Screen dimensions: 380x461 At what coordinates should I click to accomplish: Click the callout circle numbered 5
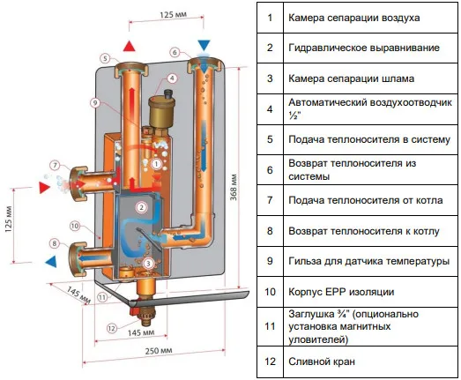pos(104,59)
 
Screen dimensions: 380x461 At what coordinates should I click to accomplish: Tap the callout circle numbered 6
pos(175,54)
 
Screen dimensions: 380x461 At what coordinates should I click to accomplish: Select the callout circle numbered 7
pos(55,165)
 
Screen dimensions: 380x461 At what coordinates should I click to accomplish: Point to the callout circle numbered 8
pos(55,243)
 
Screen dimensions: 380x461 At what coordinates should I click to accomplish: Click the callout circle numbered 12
pos(112,328)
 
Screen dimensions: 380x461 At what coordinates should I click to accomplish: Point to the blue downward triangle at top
pos(204,45)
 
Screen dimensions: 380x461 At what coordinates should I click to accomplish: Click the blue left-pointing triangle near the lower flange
pos(50,261)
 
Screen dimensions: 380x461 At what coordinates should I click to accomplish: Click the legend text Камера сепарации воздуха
pos(342,18)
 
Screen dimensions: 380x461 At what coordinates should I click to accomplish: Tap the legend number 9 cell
pos(270,262)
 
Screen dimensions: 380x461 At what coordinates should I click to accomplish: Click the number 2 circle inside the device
pos(140,207)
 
